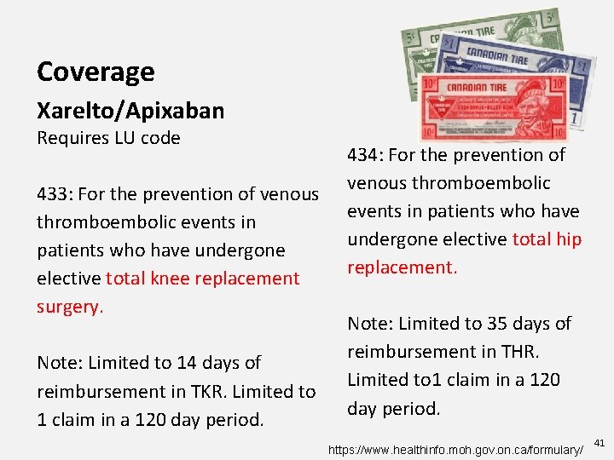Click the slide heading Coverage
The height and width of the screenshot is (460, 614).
pos(96,72)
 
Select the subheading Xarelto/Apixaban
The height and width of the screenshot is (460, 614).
pos(130,111)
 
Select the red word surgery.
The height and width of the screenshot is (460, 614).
pos(69,306)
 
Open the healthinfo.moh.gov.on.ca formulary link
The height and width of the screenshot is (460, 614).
pos(457,446)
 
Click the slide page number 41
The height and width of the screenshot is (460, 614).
pos(599,443)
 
